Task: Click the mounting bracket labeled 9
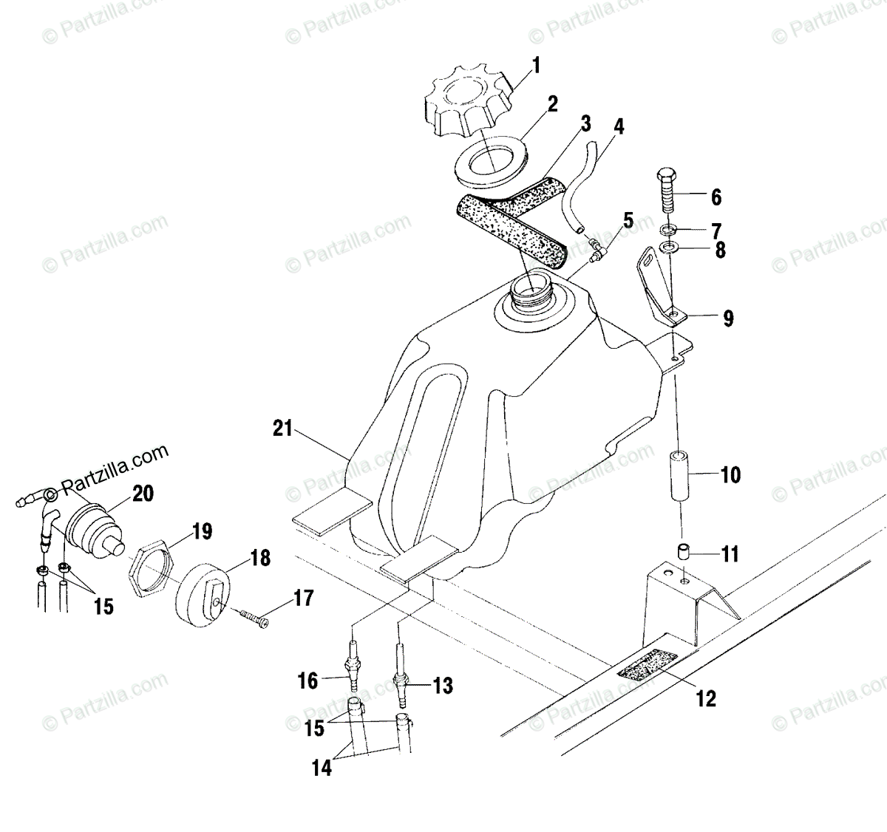pos(662,292)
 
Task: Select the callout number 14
pos(322,768)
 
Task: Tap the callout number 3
pos(585,123)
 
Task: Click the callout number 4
pos(619,127)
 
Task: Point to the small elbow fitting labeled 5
pos(596,246)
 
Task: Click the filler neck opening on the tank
pos(531,290)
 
